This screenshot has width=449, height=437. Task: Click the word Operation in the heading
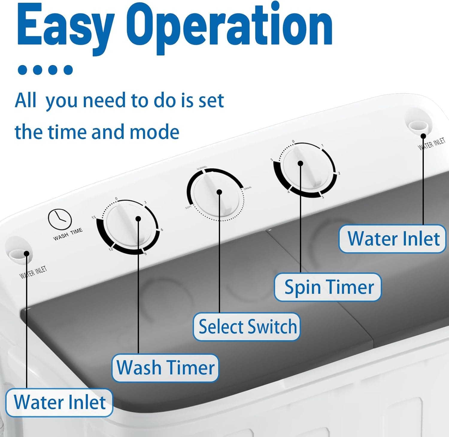[229, 28]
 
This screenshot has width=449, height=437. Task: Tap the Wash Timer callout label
[165, 368]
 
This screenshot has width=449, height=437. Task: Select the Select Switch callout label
[247, 326]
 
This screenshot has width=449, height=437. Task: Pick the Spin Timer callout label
[328, 287]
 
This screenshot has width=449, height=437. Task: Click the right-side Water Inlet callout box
[393, 239]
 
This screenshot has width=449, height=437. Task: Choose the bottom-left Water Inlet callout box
[59, 402]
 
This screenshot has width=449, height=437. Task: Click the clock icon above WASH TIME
[60, 219]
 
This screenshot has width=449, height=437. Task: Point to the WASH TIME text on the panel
[68, 234]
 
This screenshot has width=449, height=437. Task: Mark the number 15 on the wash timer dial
[94, 217]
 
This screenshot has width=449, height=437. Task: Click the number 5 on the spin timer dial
[272, 160]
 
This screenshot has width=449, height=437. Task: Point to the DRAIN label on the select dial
[247, 188]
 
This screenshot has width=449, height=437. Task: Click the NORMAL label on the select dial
[202, 168]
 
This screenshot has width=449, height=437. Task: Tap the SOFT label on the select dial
[188, 207]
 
